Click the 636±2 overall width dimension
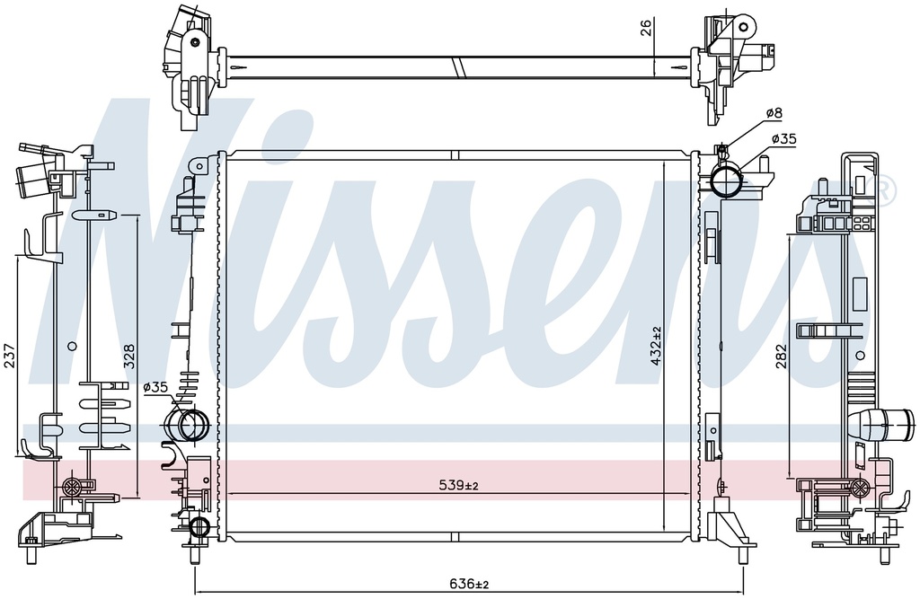469,584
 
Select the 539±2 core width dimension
459,485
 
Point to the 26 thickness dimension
646,28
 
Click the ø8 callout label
774,112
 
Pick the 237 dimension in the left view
10,356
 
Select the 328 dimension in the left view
128,356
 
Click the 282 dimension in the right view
780,356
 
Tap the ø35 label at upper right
783,139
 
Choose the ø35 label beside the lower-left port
155,387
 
